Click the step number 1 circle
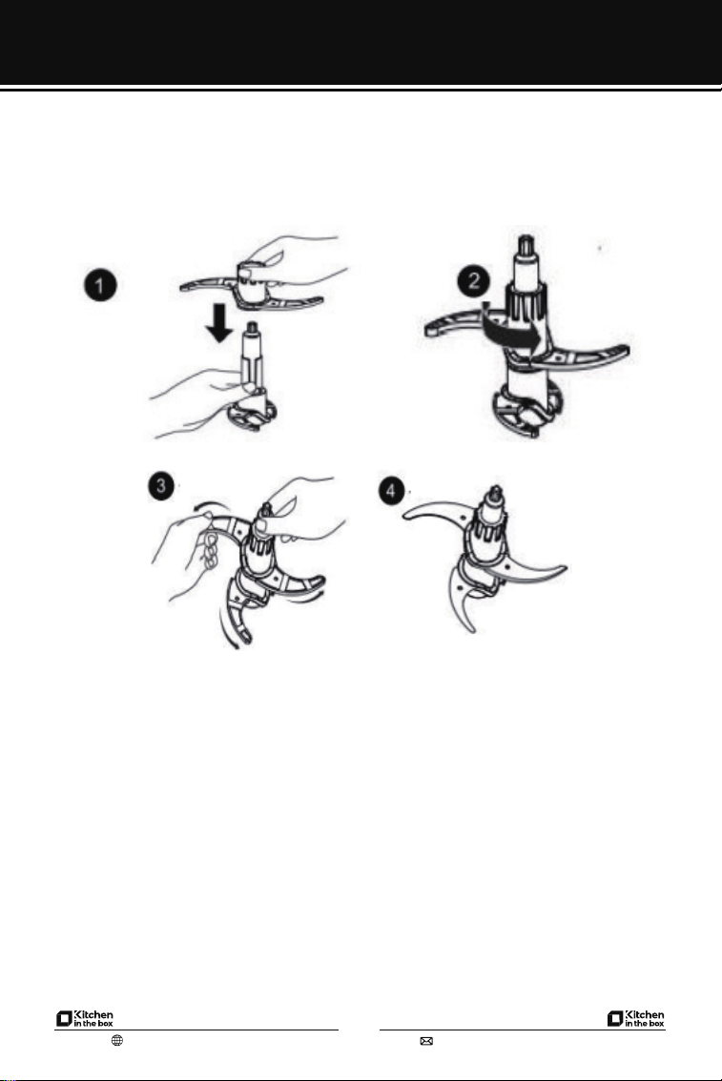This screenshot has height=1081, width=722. [x=100, y=285]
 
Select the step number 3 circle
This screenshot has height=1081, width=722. [x=161, y=486]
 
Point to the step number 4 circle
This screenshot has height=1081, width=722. [x=392, y=491]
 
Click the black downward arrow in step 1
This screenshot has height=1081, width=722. [x=220, y=323]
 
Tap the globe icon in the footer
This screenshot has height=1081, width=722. [x=117, y=1040]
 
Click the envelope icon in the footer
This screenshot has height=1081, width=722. [x=426, y=1041]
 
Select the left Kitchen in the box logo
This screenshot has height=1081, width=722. [x=85, y=1018]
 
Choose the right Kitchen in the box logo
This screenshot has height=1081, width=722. [x=636, y=1018]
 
